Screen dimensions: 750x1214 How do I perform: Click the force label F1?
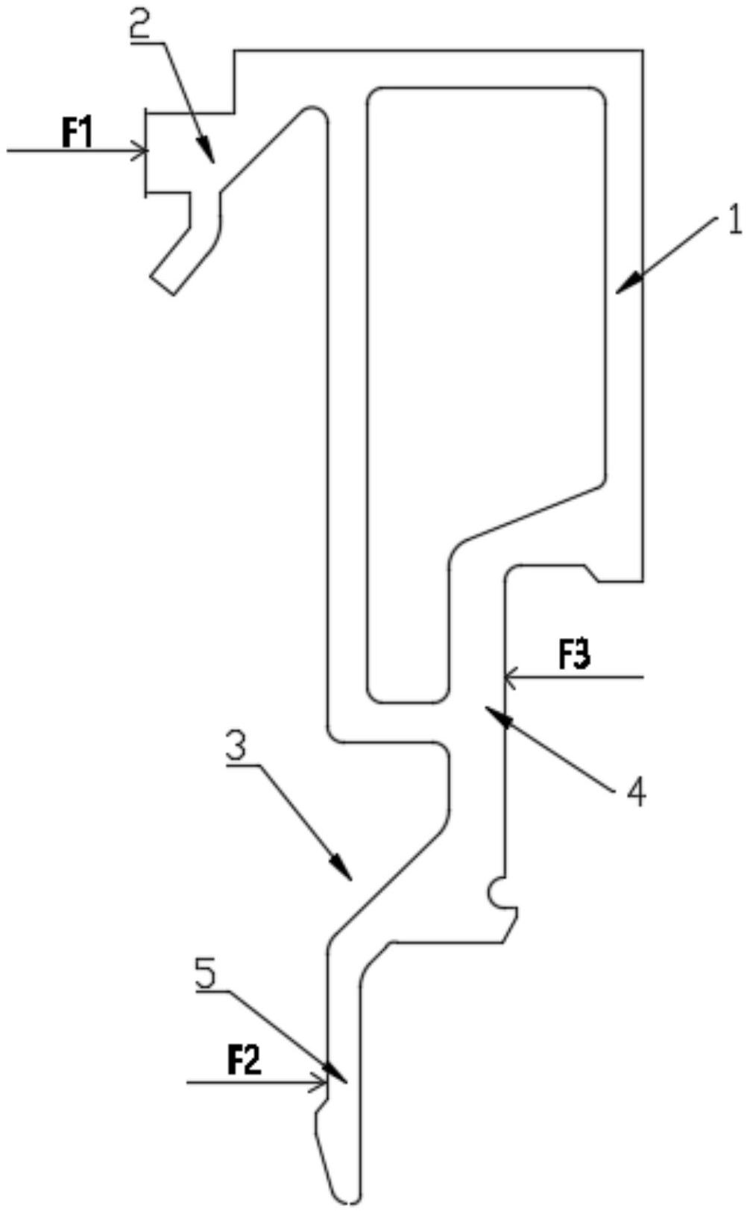pyautogui.click(x=77, y=135)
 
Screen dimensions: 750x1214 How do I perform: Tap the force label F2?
pyautogui.click(x=245, y=1060)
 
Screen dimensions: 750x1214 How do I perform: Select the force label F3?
pyautogui.click(x=576, y=657)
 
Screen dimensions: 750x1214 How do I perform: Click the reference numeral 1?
pyautogui.click(x=734, y=221)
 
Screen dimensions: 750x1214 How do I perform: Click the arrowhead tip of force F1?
pyautogui.click(x=147, y=151)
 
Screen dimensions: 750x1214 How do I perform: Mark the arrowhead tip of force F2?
pyautogui.click(x=327, y=1081)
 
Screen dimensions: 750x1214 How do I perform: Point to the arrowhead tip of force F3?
pyautogui.click(x=506, y=678)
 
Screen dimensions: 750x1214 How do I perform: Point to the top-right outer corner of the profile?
pyautogui.click(x=642, y=51)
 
